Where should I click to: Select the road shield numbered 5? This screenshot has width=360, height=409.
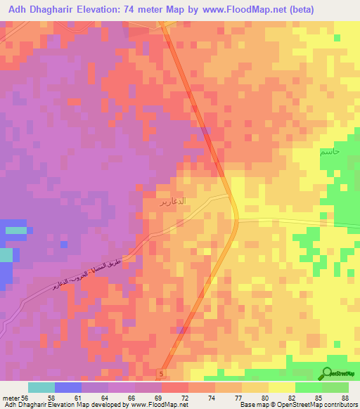(162, 373)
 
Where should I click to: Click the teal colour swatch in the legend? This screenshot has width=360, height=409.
(41, 387)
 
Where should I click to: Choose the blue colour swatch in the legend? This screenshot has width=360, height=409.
(68, 387)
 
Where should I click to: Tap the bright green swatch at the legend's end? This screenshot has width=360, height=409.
(335, 387)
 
